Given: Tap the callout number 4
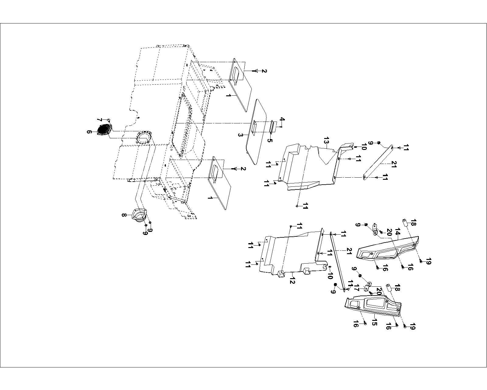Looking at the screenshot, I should tap(282, 121).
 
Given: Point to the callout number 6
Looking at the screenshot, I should tap(89, 132).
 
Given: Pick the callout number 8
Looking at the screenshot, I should tap(124, 215).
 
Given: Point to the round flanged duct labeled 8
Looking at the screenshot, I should tap(139, 214).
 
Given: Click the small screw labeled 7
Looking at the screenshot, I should tap(109, 120).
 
